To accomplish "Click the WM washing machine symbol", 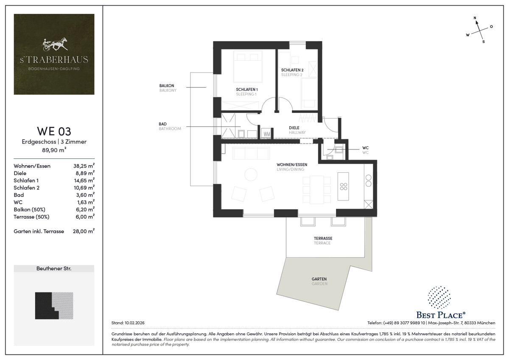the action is coord(267,134).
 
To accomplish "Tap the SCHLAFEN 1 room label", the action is coord(247,90).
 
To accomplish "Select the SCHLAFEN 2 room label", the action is coord(292,70).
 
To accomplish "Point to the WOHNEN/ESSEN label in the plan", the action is coord(292,164).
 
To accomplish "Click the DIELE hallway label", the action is coord(294,128).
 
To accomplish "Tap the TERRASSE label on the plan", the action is coord(323,238).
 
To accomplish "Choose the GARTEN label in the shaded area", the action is coord(319,279).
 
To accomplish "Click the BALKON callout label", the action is coord(167,86).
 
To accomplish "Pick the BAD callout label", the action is coord(162,124).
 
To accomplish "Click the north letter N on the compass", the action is coord(475,18).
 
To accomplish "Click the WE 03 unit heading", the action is coord(54,131).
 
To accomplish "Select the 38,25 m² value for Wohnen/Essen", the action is coord(84,166).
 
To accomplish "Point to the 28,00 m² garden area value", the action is coord(84,231).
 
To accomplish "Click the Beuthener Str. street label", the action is coord(54,268).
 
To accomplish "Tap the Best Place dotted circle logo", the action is coord(439,298).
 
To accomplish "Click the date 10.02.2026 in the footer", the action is coord(134,323).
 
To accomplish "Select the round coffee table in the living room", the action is coord(251,174).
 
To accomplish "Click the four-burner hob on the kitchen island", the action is coord(343,186).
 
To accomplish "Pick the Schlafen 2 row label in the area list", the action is coord(26,188).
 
